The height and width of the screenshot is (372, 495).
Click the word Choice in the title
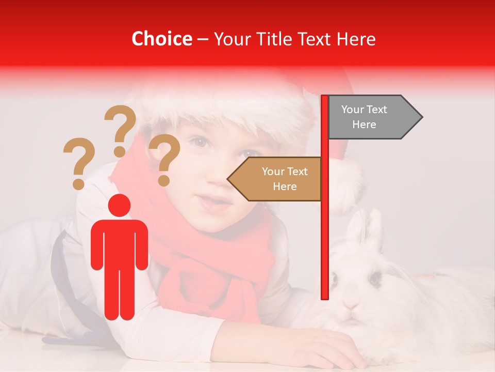(161, 39)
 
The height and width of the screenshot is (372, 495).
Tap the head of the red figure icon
(119, 205)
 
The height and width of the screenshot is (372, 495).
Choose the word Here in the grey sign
(364, 125)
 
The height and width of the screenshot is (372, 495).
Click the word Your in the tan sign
(273, 172)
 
